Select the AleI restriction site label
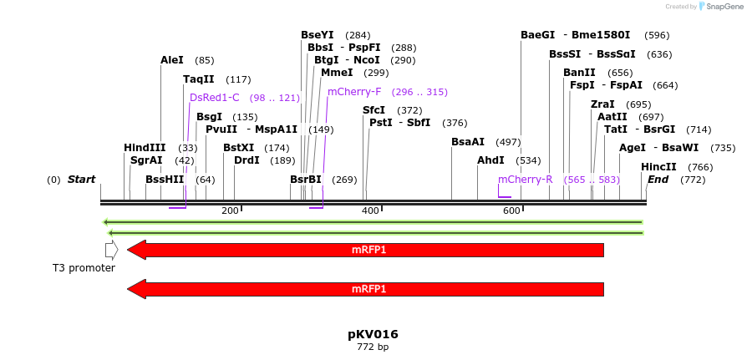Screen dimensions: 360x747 click(x=172, y=60)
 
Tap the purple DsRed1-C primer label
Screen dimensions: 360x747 click(x=215, y=98)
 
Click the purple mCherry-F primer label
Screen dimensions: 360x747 click(x=354, y=92)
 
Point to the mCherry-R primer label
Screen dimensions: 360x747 click(x=526, y=180)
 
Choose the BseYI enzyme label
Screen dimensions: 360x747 click(x=318, y=35)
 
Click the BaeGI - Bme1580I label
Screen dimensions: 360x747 click(x=576, y=35)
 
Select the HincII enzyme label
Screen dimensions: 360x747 click(x=658, y=167)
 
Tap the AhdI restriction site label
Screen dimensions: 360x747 click(x=491, y=160)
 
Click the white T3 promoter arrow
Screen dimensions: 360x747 click(x=111, y=250)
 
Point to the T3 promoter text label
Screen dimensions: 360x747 click(x=84, y=268)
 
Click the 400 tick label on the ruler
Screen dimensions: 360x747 click(x=371, y=211)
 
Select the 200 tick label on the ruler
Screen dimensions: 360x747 click(x=230, y=211)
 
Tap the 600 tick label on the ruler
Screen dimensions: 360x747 click(x=511, y=211)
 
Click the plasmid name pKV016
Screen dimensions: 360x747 click(x=373, y=334)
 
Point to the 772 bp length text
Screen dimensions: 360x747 click(x=373, y=347)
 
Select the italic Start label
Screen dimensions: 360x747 click(x=81, y=180)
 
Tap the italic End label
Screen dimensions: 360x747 click(x=658, y=180)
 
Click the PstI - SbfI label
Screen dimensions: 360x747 click(x=400, y=123)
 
